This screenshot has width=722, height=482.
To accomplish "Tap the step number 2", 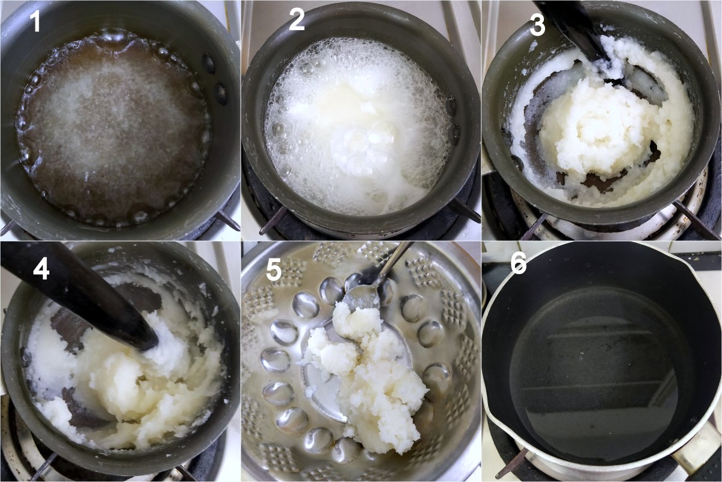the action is pos(297,19).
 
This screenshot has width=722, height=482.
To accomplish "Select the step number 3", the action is pos(537,25).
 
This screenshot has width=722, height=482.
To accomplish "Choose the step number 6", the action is pos(519,263).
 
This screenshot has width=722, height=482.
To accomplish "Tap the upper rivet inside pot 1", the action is pos(209,63).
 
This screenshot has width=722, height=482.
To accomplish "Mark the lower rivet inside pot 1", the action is pos(221,93).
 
